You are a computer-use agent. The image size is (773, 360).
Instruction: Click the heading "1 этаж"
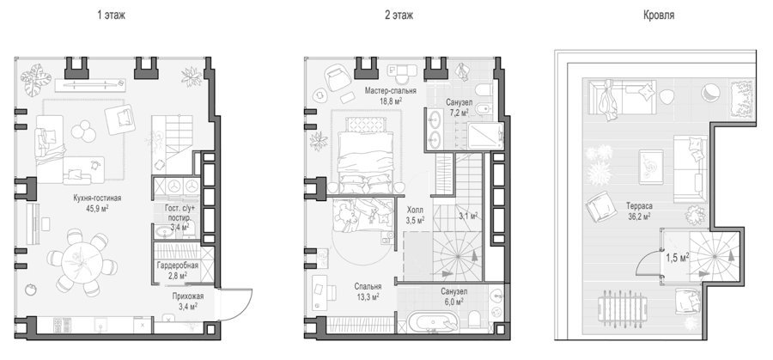(x=111, y=15)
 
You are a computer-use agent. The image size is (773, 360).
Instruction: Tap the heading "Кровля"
(x=658, y=15)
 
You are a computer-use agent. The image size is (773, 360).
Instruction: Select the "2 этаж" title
(x=399, y=15)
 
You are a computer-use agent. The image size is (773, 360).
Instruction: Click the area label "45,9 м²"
(x=97, y=208)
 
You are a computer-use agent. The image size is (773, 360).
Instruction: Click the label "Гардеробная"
(x=178, y=266)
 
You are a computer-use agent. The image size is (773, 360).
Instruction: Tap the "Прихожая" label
(x=188, y=296)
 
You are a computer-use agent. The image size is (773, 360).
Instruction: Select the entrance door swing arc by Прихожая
(x=242, y=307)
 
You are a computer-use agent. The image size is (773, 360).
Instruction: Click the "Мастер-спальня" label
(x=391, y=91)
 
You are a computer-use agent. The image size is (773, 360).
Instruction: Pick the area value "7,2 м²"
(x=460, y=113)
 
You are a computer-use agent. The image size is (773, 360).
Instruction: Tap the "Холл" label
(x=415, y=210)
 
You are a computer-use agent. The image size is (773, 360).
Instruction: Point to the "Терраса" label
(x=640, y=206)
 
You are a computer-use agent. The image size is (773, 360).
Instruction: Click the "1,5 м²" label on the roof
(x=678, y=257)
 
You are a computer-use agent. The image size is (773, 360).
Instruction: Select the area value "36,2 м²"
(x=640, y=216)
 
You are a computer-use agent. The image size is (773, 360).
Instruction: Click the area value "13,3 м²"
(x=368, y=296)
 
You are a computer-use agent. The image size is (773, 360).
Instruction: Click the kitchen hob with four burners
(x=59, y=325)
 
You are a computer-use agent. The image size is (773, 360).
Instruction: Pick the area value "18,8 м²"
(x=391, y=101)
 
